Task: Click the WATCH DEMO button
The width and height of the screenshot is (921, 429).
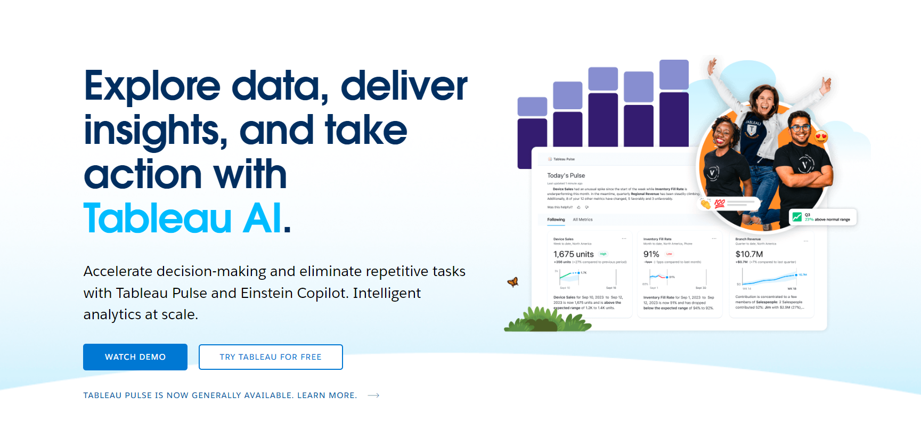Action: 135,357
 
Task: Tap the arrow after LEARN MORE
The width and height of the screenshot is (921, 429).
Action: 373,395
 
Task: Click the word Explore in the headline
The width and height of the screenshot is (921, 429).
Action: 152,86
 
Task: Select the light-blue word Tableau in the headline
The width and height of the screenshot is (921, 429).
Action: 158,218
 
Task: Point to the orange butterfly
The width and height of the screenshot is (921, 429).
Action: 513,282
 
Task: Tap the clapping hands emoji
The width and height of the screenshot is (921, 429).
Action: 706,204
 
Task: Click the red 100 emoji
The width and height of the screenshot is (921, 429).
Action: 720,203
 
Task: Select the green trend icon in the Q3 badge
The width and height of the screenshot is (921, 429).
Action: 797,217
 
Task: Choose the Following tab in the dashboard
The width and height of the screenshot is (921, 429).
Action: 556,220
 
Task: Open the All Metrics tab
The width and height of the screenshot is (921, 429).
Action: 582,220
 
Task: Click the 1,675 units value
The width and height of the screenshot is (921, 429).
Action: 573,254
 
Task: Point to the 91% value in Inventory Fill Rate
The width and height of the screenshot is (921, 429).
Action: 651,254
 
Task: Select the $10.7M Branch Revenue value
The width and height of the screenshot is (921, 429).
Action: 749,254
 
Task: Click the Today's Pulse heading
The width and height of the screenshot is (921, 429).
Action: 566,175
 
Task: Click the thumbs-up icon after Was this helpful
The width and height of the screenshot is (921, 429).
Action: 579,207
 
